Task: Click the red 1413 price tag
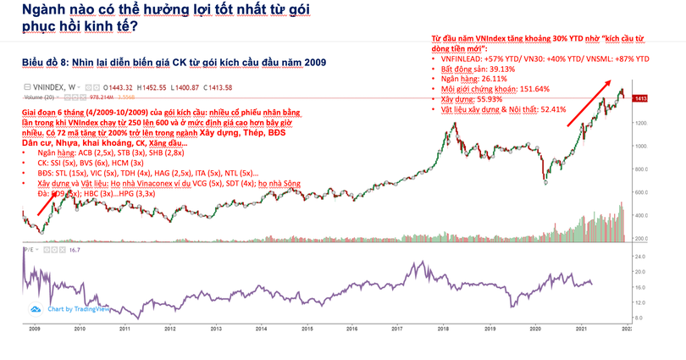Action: tap(641, 99)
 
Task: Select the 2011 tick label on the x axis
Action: tap(124, 329)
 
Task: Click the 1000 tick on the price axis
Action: tap(641, 146)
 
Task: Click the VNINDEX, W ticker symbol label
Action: tap(52, 86)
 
